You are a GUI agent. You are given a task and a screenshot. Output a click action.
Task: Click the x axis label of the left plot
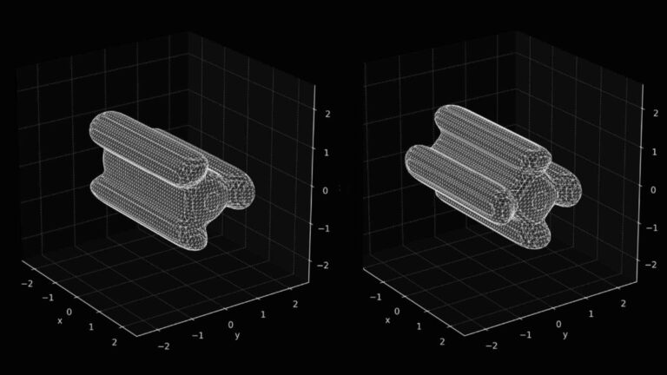(60, 320)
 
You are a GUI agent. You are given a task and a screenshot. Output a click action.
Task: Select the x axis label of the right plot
(387, 320)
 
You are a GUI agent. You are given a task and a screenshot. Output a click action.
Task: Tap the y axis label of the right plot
(565, 335)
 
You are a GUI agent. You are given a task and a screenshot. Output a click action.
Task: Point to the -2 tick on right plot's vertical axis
(651, 264)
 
